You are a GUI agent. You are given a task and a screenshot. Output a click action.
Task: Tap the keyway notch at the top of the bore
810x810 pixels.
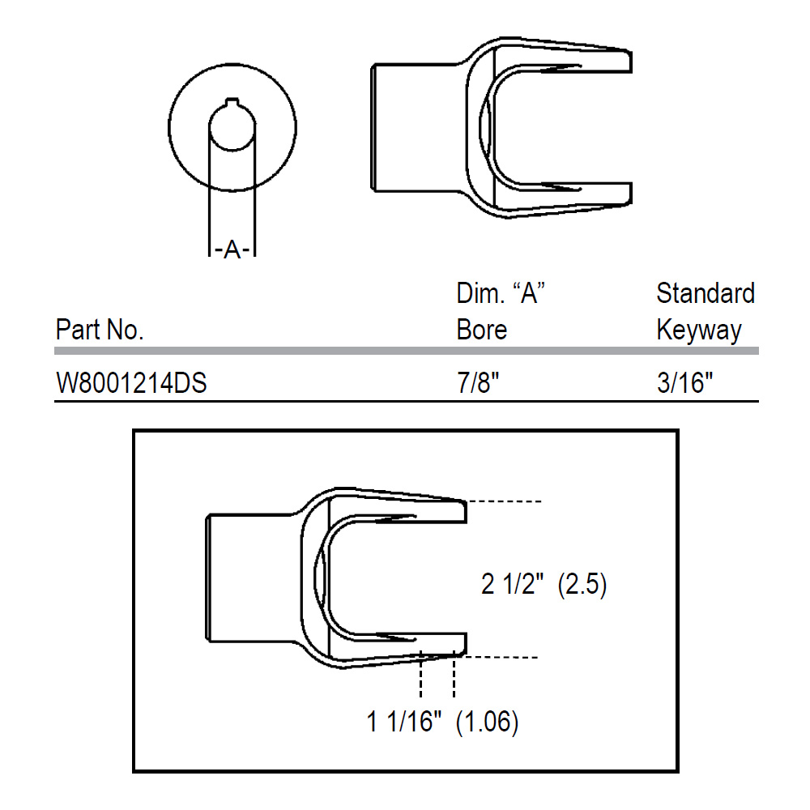coord(232,102)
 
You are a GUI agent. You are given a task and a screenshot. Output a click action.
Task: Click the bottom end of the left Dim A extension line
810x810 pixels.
coord(209,256)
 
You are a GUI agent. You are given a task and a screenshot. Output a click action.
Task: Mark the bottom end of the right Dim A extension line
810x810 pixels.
coord(255,256)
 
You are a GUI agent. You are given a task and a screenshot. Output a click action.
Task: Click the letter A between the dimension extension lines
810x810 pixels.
coord(232,250)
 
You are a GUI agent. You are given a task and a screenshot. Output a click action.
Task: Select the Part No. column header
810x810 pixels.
coord(99,330)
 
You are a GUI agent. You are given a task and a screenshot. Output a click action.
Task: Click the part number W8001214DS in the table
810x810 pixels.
coord(131,383)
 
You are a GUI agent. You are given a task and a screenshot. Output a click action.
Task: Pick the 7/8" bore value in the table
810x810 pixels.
coord(478,383)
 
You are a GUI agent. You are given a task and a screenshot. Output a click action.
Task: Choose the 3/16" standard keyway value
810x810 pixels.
coord(684,383)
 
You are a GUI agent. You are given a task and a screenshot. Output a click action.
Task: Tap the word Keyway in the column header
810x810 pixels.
coord(699,330)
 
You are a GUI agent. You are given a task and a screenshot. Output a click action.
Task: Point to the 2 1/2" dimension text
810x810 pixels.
coord(512,584)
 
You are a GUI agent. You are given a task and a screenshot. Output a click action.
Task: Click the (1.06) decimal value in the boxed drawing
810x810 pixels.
coord(487,722)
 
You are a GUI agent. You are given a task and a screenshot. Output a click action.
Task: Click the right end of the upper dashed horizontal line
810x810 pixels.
coord(541,501)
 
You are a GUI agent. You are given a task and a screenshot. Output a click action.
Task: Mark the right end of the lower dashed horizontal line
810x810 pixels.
coord(538,657)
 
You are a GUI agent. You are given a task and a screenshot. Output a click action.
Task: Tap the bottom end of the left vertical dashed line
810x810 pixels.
coord(421,697)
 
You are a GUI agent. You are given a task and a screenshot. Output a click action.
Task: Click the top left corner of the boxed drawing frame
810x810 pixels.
coord(134,431)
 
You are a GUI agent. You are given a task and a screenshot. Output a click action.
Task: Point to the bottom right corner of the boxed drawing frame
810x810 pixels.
coord(677,771)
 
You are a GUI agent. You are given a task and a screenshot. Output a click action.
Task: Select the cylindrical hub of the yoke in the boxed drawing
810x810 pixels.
coord(253,578)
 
